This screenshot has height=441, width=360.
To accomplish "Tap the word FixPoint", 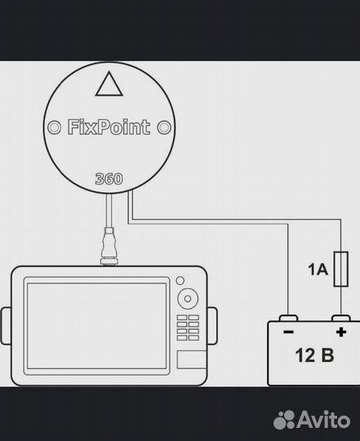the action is tap(109, 127).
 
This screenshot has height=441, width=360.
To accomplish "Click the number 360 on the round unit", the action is tap(109, 179).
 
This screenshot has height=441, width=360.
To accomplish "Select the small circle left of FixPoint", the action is tap(54, 127).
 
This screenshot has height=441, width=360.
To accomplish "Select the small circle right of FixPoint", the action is tap(164, 127).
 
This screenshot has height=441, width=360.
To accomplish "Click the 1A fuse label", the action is tap(318, 269).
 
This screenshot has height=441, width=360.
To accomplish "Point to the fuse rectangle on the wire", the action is tap(341, 269).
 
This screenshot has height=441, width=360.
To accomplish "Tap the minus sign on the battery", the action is tap(289, 332).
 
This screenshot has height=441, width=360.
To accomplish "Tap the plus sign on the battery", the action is tap(341, 332).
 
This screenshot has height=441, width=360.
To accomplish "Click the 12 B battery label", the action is tap(314, 355).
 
